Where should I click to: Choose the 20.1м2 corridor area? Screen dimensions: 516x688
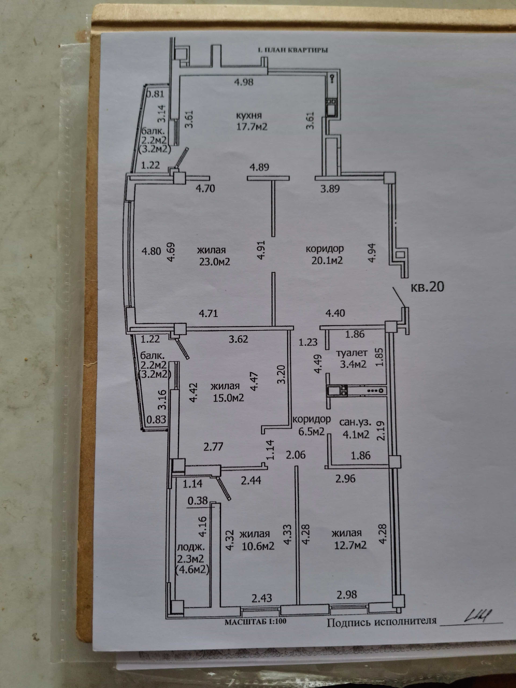327,260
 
